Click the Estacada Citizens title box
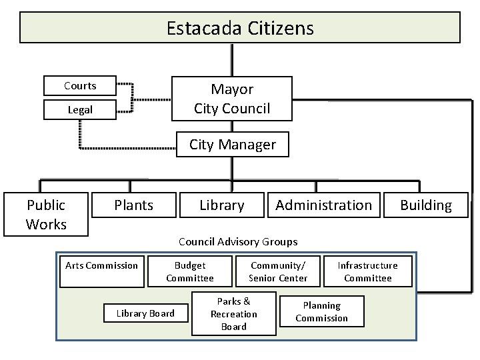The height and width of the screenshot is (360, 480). click(x=240, y=28)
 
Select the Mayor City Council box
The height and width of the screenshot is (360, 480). click(x=232, y=99)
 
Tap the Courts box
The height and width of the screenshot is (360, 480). click(x=80, y=86)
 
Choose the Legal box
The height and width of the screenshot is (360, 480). click(x=80, y=109)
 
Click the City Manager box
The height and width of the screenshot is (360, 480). click(x=232, y=145)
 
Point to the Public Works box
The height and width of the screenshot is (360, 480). click(x=46, y=214)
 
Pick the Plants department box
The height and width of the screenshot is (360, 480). click(x=133, y=205)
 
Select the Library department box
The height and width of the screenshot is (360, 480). click(x=222, y=205)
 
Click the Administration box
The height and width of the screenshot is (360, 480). click(x=323, y=205)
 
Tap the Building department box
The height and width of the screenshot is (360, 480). click(x=426, y=205)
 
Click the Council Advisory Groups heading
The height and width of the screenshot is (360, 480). click(x=238, y=241)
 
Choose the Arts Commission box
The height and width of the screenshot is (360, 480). click(x=102, y=265)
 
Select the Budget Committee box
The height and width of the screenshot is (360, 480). click(x=190, y=271)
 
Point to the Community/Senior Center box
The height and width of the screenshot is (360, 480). click(x=278, y=271)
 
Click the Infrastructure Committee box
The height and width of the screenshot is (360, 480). click(x=367, y=271)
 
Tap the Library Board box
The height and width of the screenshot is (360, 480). click(x=145, y=313)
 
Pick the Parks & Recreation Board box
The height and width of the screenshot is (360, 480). click(x=233, y=313)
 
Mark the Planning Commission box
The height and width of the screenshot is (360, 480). click(x=321, y=311)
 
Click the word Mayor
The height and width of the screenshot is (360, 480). click(x=232, y=89)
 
